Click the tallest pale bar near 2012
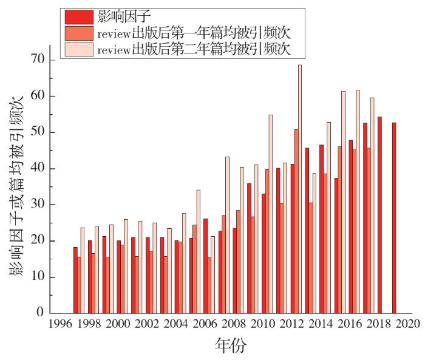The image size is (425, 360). pyautogui.click(x=300, y=189)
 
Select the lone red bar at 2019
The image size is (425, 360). pyautogui.click(x=394, y=218)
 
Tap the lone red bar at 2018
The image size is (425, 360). pyautogui.click(x=379, y=215)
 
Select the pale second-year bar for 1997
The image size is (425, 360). pyautogui.click(x=83, y=270)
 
